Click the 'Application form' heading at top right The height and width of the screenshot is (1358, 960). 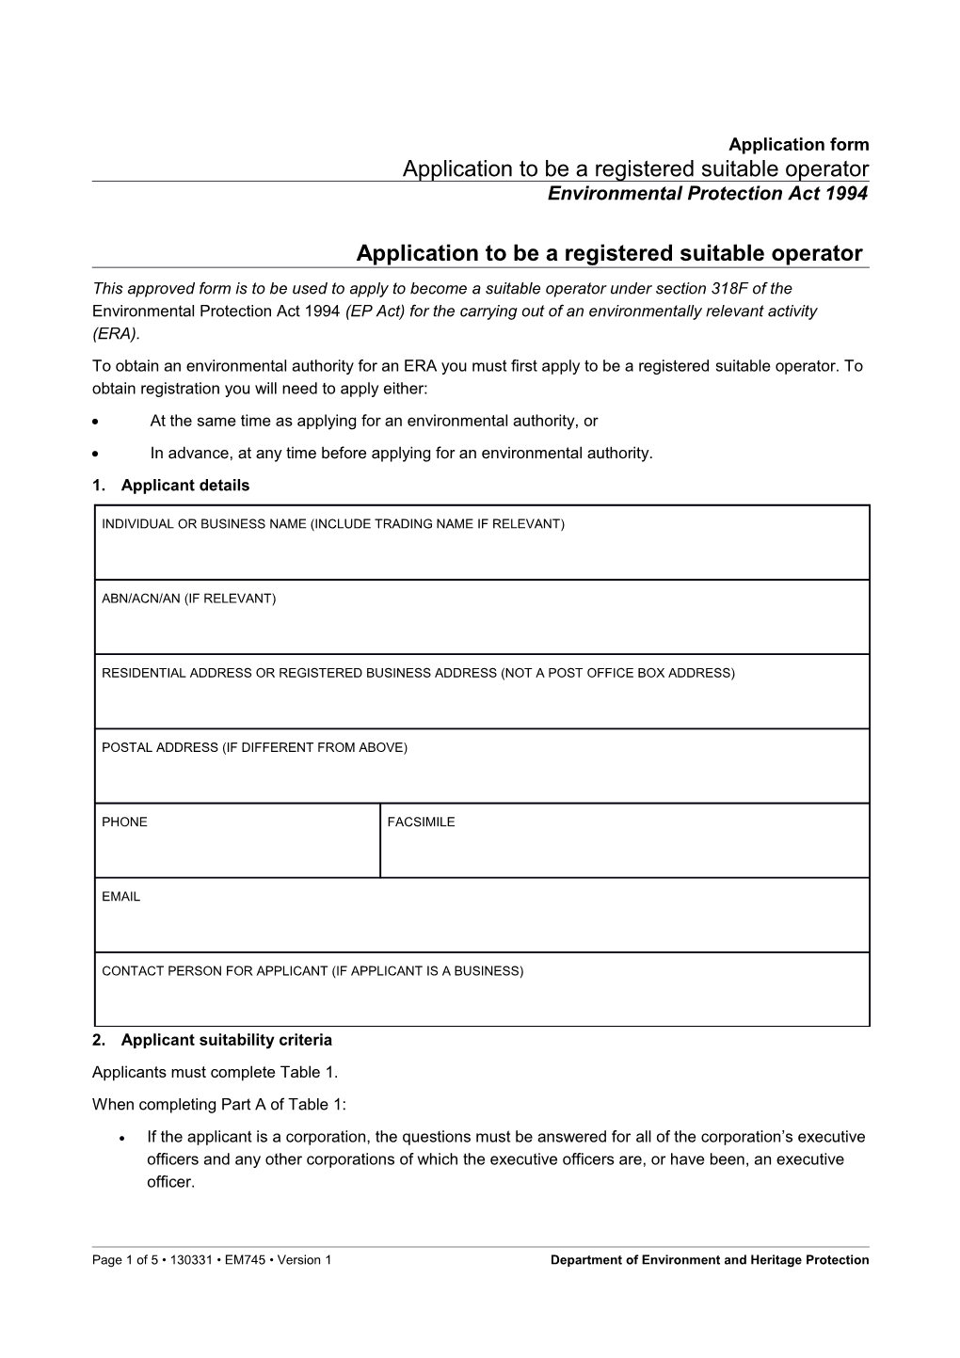(798, 144)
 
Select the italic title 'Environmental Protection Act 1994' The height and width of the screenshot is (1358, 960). (708, 194)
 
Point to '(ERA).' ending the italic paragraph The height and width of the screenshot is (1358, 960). (116, 333)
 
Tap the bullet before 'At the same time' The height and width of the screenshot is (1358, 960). (97, 422)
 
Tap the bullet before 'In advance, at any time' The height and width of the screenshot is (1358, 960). (97, 454)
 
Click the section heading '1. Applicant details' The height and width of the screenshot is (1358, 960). (171, 486)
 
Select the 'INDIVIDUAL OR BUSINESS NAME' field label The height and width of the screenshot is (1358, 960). (332, 524)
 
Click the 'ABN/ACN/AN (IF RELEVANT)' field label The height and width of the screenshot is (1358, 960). (188, 599)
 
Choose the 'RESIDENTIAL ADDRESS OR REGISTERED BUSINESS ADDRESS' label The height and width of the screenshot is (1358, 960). (418, 673)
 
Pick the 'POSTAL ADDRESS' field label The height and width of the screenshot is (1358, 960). (254, 747)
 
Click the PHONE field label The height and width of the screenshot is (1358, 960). (124, 822)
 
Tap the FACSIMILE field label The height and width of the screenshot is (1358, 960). (421, 822)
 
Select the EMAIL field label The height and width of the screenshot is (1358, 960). (120, 896)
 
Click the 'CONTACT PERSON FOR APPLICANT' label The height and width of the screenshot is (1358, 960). (312, 970)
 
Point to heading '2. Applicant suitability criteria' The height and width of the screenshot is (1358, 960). (212, 1040)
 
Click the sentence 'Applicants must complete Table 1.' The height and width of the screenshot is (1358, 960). (215, 1072)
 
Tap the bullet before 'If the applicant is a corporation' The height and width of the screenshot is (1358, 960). (124, 1138)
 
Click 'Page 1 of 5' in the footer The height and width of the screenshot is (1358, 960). (125, 1260)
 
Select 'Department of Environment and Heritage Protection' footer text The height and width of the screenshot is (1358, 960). (709, 1260)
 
